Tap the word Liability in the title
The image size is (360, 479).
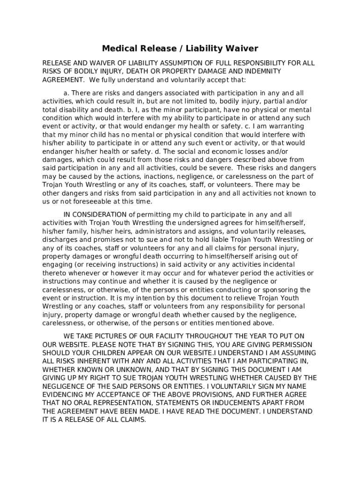pos(208,49)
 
